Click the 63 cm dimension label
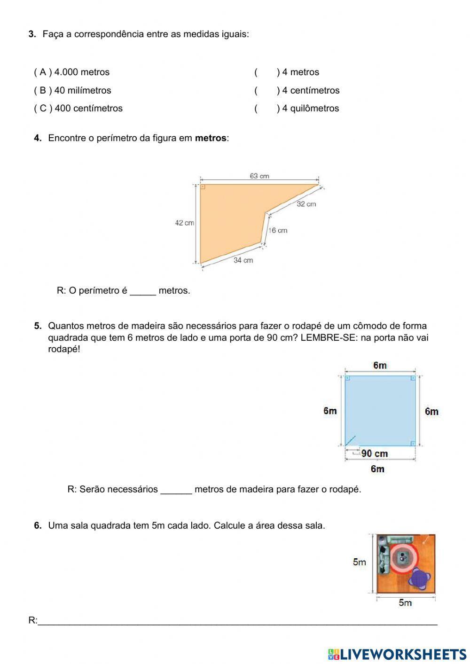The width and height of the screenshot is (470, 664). tap(259, 176)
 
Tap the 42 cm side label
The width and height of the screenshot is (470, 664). tap(184, 223)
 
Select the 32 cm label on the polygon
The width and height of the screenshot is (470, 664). tap(306, 204)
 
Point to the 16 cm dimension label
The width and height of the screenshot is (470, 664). tap(278, 230)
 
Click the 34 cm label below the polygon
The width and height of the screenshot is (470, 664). tap(243, 260)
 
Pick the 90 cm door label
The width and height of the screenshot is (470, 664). tap(375, 453)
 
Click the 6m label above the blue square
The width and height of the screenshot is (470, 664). tap(380, 365)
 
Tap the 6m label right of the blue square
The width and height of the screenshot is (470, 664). tap(431, 412)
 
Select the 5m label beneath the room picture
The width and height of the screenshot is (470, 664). tap(405, 603)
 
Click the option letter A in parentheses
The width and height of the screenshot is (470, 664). tap(43, 72)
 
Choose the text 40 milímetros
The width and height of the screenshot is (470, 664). tap(83, 90)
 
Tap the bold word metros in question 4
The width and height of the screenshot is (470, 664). tap(211, 138)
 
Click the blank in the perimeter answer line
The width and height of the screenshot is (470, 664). tap(142, 291)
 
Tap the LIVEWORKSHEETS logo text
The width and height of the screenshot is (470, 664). tap(402, 654)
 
